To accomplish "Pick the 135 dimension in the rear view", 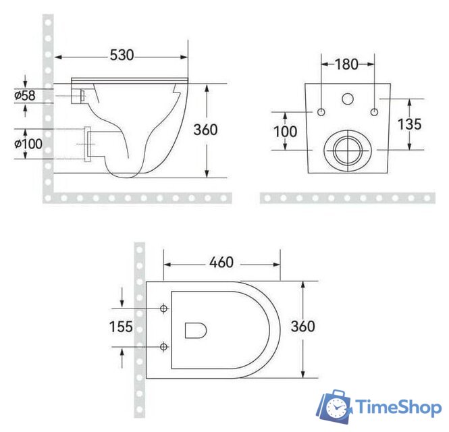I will click(x=409, y=124).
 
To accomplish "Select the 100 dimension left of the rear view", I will click(x=286, y=130).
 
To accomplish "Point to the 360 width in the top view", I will click(x=303, y=327).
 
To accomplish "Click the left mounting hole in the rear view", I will click(x=321, y=111).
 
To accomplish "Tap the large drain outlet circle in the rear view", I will click(x=347, y=148).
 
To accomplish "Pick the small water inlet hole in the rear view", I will click(x=348, y=99).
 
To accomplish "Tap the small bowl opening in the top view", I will click(x=194, y=329).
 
